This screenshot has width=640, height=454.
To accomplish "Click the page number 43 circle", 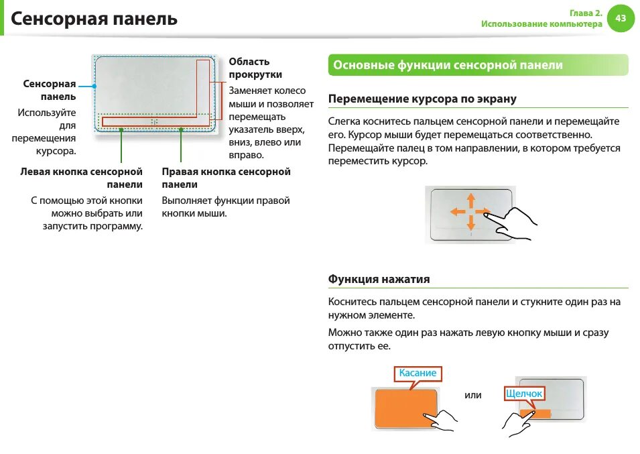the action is tap(621, 18).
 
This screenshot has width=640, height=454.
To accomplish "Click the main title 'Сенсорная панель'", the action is tap(94, 18).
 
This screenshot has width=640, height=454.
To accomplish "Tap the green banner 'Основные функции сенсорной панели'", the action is tap(448, 65).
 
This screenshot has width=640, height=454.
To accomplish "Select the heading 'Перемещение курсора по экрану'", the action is tap(422, 99).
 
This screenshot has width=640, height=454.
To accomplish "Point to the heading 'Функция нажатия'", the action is tap(379, 279).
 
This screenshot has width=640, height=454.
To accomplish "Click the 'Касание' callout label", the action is tap(418, 373).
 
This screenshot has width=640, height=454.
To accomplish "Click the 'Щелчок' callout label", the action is tap(524, 394).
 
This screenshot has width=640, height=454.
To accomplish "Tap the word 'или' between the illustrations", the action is tap(473, 395).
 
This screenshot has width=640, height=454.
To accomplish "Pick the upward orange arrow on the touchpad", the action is tap(470, 200).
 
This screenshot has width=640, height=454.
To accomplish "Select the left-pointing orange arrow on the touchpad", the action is tap(458, 211).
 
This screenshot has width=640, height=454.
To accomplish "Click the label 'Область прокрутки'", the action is tap(255, 68).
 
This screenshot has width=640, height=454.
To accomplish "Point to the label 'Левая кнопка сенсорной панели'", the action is tap(82, 178).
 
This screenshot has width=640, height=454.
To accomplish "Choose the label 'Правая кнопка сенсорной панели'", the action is tap(226, 178).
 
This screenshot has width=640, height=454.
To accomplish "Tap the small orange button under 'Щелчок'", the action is tap(539, 414).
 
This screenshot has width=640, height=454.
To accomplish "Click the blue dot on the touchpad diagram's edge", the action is tap(94, 86).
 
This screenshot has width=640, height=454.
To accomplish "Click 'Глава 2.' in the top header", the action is tap(586, 13).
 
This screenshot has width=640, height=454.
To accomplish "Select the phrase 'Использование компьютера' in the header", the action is tap(541, 24).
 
